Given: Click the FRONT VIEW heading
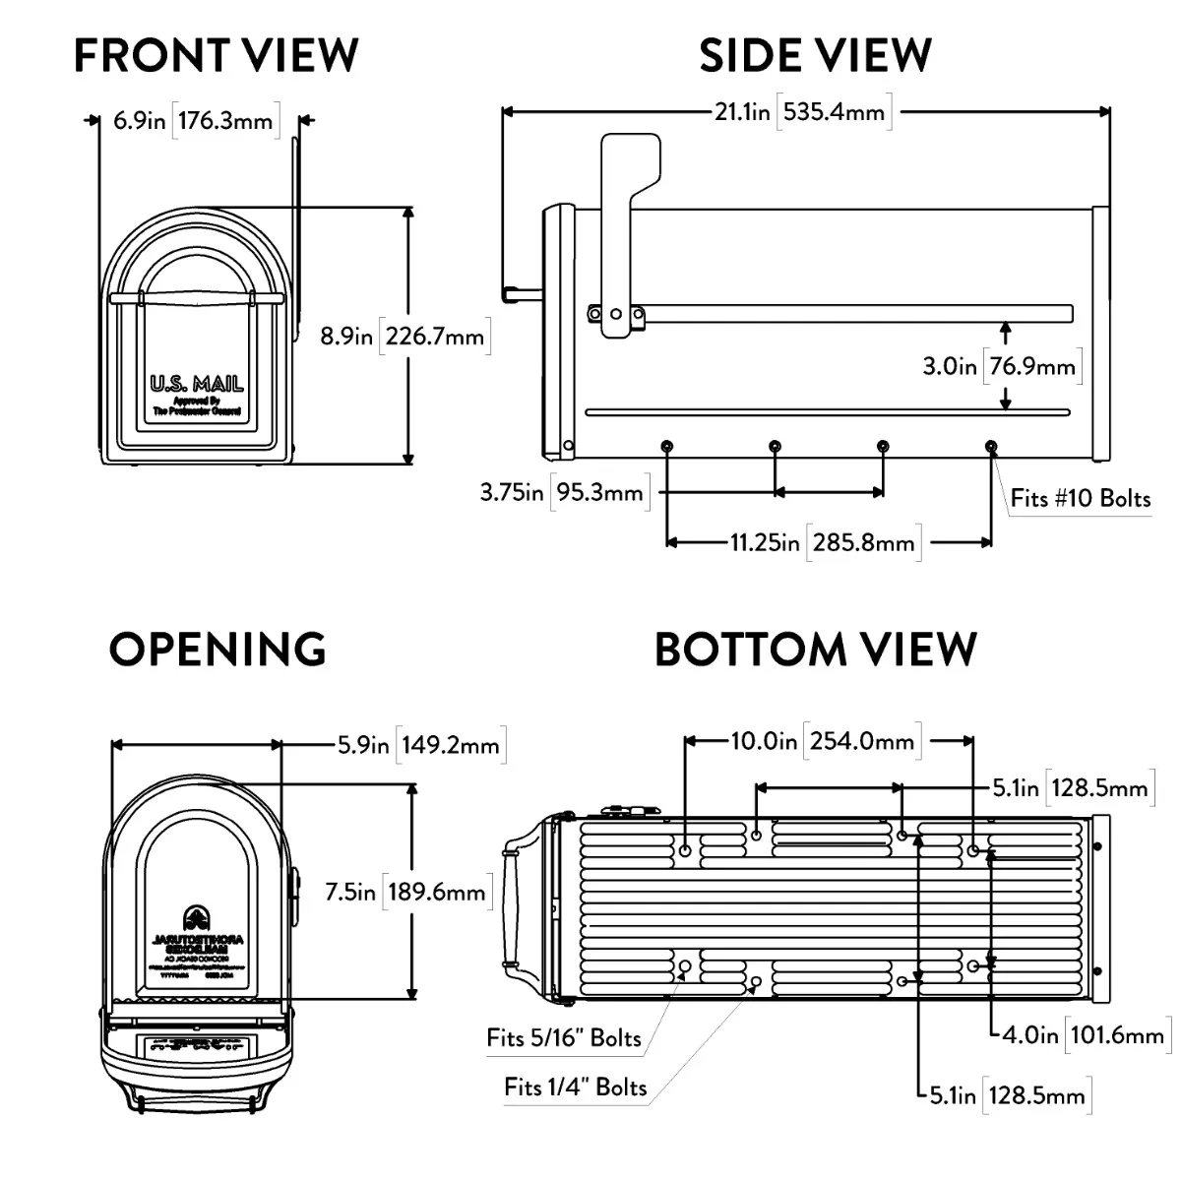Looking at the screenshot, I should pos(217,55).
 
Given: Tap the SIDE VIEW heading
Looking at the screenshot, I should pos(815,55).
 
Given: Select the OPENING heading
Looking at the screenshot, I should pos(218,650).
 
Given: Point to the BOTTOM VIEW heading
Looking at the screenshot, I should pos(816,650).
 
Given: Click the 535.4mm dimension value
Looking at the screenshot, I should pos(835,111).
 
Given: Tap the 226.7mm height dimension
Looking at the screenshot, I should pos(434,337).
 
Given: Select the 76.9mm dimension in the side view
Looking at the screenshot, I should pos(1032,366).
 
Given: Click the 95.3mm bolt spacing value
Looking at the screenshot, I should pos(599,491).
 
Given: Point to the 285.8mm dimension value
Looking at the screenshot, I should pos(863,542).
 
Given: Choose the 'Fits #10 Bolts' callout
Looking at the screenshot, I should pos(1080,498).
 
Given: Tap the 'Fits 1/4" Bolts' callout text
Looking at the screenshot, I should pos(576,1087).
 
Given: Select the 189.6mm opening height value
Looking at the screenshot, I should pos(436,892).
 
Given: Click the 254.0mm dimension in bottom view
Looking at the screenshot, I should pos(862,740).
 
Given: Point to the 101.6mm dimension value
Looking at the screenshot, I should pos(1114,1034).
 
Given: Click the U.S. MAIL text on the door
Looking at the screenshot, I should pos(197,384).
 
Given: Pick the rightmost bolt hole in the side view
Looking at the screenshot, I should pos(991,447).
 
